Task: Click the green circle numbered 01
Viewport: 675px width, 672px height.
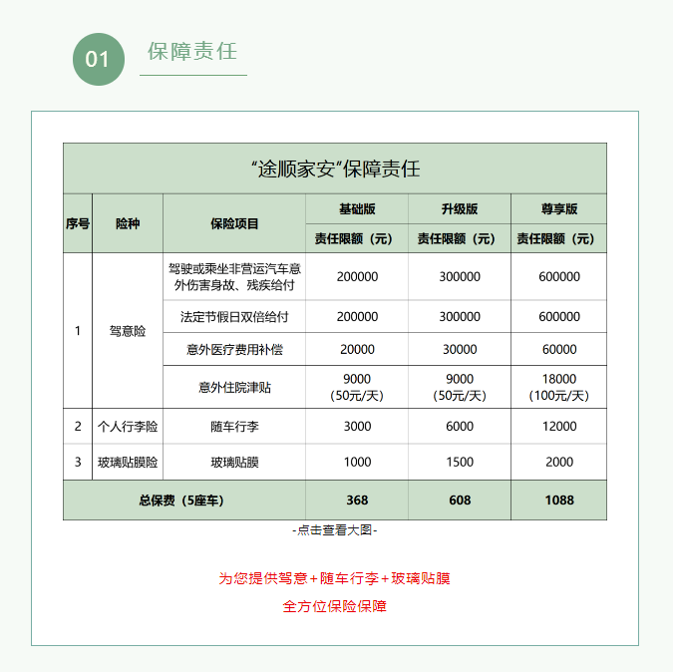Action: point(98,59)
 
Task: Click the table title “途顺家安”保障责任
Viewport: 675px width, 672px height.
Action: point(335,168)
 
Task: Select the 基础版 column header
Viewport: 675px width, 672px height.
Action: point(357,209)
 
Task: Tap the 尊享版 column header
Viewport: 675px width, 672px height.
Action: point(559,209)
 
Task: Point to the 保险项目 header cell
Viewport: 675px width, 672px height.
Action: point(234,223)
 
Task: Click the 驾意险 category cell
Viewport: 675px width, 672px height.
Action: point(128,331)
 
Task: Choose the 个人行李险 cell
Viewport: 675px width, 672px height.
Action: point(128,427)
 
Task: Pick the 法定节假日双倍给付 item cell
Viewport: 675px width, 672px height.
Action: point(234,317)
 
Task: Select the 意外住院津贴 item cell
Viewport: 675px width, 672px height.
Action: point(234,387)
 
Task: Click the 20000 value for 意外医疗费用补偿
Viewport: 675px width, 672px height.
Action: point(357,350)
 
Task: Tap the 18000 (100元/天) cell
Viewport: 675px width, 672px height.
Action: point(559,387)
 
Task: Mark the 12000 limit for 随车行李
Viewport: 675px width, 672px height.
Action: point(559,427)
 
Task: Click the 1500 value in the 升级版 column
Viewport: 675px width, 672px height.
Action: point(460,463)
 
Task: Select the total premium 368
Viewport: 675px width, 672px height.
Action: point(357,501)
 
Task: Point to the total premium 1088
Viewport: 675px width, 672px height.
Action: point(559,501)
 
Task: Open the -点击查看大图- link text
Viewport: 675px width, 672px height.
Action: point(335,531)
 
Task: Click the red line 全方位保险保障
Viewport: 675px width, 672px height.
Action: point(335,606)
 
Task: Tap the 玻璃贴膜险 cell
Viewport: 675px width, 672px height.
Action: point(128,463)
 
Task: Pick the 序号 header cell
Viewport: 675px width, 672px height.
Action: point(78,223)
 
